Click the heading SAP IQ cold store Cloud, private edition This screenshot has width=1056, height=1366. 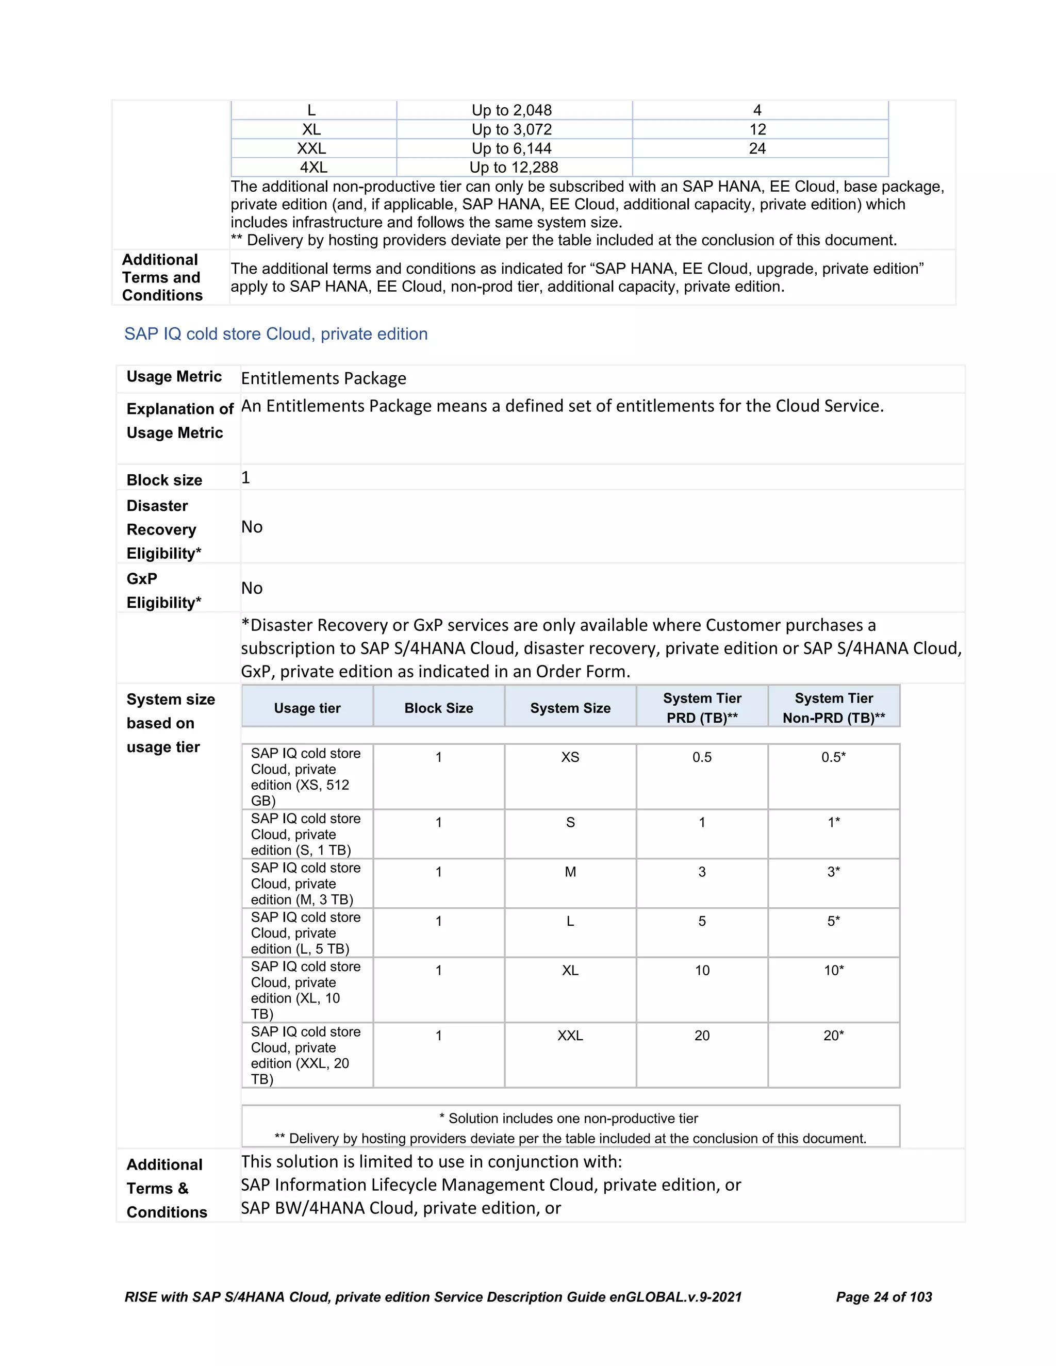tap(276, 334)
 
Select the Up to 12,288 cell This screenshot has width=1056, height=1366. tap(514, 168)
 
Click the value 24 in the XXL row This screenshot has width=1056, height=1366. tap(757, 149)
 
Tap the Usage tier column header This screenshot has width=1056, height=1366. tap(307, 708)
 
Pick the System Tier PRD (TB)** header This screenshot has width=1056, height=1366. tap(702, 708)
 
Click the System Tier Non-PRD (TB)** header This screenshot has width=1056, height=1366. tap(833, 708)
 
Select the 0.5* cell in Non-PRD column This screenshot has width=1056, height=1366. tap(833, 757)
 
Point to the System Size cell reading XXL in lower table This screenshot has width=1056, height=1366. tap(570, 1036)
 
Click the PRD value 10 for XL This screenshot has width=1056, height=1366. tap(702, 971)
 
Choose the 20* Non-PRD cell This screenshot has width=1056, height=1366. tap(833, 1036)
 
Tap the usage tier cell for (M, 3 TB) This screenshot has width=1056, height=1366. tap(306, 884)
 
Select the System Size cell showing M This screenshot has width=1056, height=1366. tap(570, 872)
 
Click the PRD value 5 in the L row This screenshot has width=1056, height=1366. tap(702, 921)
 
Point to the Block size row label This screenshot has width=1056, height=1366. tap(164, 480)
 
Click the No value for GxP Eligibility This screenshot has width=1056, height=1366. tap(252, 588)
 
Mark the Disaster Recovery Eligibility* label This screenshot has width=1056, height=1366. tap(163, 529)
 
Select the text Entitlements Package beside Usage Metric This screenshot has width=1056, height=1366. tap(323, 378)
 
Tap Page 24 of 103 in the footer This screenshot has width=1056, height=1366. tap(883, 1297)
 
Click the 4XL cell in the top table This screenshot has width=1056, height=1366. tap(313, 168)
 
